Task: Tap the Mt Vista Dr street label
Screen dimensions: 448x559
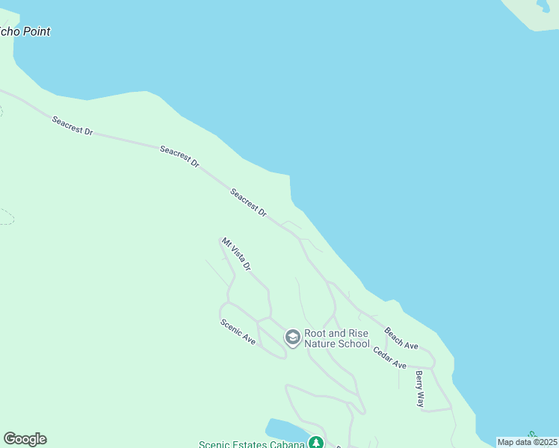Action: (x=236, y=255)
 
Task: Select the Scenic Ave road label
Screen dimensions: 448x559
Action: (x=238, y=332)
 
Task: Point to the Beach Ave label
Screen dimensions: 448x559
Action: (x=401, y=338)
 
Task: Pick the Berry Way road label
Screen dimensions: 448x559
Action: (x=420, y=388)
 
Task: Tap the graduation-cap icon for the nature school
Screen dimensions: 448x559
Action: (x=292, y=338)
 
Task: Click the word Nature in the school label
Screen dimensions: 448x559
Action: (x=323, y=344)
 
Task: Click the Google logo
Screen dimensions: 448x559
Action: (x=25, y=439)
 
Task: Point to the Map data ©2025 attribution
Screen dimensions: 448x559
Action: (x=527, y=442)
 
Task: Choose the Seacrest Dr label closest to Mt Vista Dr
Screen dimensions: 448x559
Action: (x=248, y=202)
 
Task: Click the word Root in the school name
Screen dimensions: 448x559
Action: (x=316, y=333)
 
